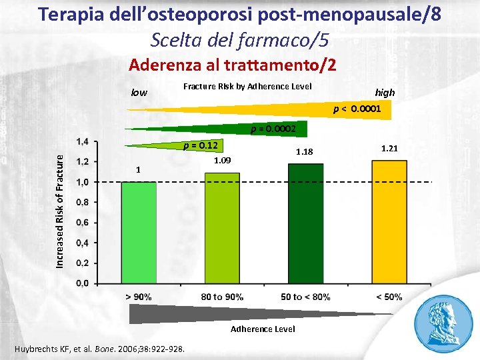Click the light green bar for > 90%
click(x=139, y=233)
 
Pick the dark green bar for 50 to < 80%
click(x=305, y=223)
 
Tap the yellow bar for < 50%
click(x=389, y=221)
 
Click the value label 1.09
click(x=223, y=161)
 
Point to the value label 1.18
click(x=305, y=153)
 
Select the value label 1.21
click(x=389, y=148)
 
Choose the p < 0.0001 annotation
click(x=357, y=107)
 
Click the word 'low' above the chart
click(x=139, y=93)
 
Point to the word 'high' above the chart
click(x=385, y=93)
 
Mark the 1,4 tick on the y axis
click(x=85, y=141)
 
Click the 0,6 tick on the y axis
click(x=85, y=222)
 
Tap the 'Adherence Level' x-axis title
click(x=263, y=329)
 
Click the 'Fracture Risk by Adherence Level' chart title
click(x=247, y=86)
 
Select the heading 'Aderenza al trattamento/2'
click(x=233, y=65)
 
